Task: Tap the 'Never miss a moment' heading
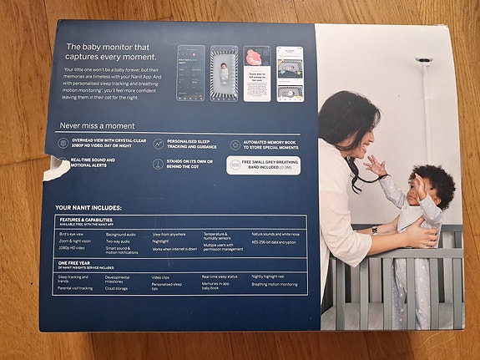coord(98,124)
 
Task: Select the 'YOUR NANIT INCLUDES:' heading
coord(88,206)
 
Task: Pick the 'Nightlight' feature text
coord(162,241)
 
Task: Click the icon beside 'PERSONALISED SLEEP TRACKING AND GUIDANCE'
coord(158,145)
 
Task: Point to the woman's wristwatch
coord(375,230)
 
